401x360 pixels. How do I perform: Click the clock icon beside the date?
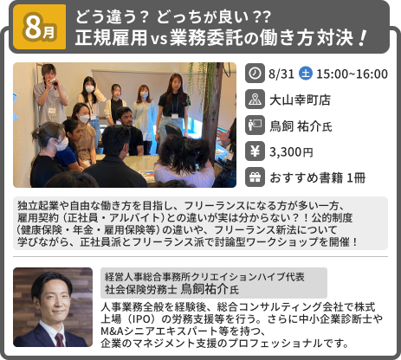(255, 74)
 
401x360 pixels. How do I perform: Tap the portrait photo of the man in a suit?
(52, 306)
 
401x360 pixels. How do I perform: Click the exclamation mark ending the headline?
(362, 39)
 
